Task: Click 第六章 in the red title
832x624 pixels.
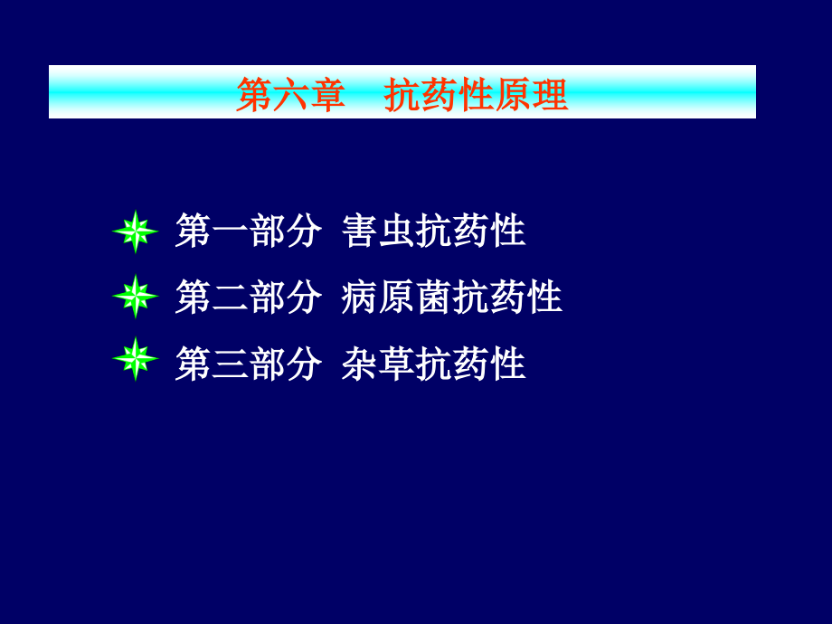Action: (290, 94)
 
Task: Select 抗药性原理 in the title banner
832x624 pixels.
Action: (477, 94)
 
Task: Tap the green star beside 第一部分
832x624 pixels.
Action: (135, 232)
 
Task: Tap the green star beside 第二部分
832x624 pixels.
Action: (135, 296)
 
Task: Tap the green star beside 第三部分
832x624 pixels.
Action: (135, 359)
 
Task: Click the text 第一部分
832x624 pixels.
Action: (248, 232)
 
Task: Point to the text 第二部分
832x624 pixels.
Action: (248, 297)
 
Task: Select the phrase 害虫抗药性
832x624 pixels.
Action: (434, 232)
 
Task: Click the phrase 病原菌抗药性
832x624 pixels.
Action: (452, 297)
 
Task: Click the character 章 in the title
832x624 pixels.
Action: (327, 94)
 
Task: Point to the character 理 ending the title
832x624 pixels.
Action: (551, 94)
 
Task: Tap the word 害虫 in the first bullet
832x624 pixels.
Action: (379, 232)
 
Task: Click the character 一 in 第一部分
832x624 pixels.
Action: (230, 232)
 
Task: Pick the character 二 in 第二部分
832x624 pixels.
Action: (230, 297)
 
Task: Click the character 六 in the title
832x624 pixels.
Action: (290, 94)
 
